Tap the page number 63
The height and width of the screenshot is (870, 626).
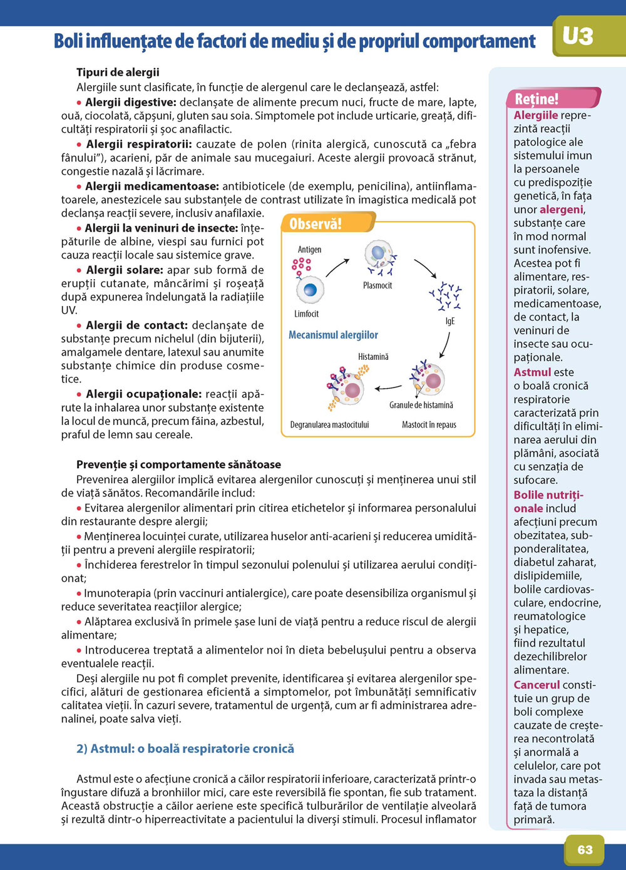[x=585, y=849]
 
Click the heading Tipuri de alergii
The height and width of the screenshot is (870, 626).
[x=118, y=73]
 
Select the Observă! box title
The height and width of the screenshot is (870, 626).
[x=316, y=223]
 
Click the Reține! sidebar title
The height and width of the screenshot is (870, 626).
[x=536, y=99]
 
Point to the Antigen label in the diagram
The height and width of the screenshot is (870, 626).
[x=309, y=249]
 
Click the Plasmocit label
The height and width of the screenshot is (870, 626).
[x=377, y=285]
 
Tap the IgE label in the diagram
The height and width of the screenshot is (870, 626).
[x=449, y=320]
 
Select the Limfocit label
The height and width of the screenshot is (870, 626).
[x=307, y=314]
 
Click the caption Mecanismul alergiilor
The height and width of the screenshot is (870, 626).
[x=333, y=335]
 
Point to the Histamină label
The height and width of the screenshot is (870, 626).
[x=373, y=356]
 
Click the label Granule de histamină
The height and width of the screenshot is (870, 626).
[x=421, y=405]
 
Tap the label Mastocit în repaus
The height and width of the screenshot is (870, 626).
[x=429, y=424]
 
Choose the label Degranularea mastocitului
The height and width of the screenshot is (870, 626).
[x=329, y=424]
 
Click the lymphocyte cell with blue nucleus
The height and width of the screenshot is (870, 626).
[x=310, y=290]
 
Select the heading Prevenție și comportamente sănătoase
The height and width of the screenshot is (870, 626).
[x=178, y=464]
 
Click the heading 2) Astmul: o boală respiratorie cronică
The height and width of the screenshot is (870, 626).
[x=185, y=749]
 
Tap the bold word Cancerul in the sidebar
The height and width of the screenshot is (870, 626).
[x=536, y=685]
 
